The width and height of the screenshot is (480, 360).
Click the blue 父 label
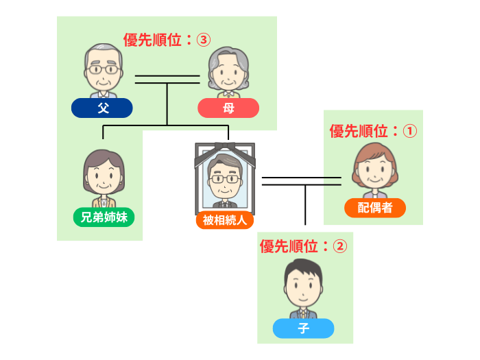point(102,108)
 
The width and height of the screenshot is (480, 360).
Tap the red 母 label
point(228,108)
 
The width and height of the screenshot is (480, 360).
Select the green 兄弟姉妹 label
point(104,217)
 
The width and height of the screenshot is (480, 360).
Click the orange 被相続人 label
point(225,220)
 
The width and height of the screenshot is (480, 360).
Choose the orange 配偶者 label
point(374,208)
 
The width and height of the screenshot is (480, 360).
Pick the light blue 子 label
point(303,328)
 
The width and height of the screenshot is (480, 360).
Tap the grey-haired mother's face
point(228,71)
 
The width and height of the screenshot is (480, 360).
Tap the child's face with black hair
point(303,289)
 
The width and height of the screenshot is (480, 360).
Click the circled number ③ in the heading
point(202,40)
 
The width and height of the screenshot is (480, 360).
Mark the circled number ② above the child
point(339,246)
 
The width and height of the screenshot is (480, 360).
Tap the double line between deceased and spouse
point(302,181)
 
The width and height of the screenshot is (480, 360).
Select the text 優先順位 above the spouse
point(358,131)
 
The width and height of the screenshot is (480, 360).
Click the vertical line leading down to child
point(304,206)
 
